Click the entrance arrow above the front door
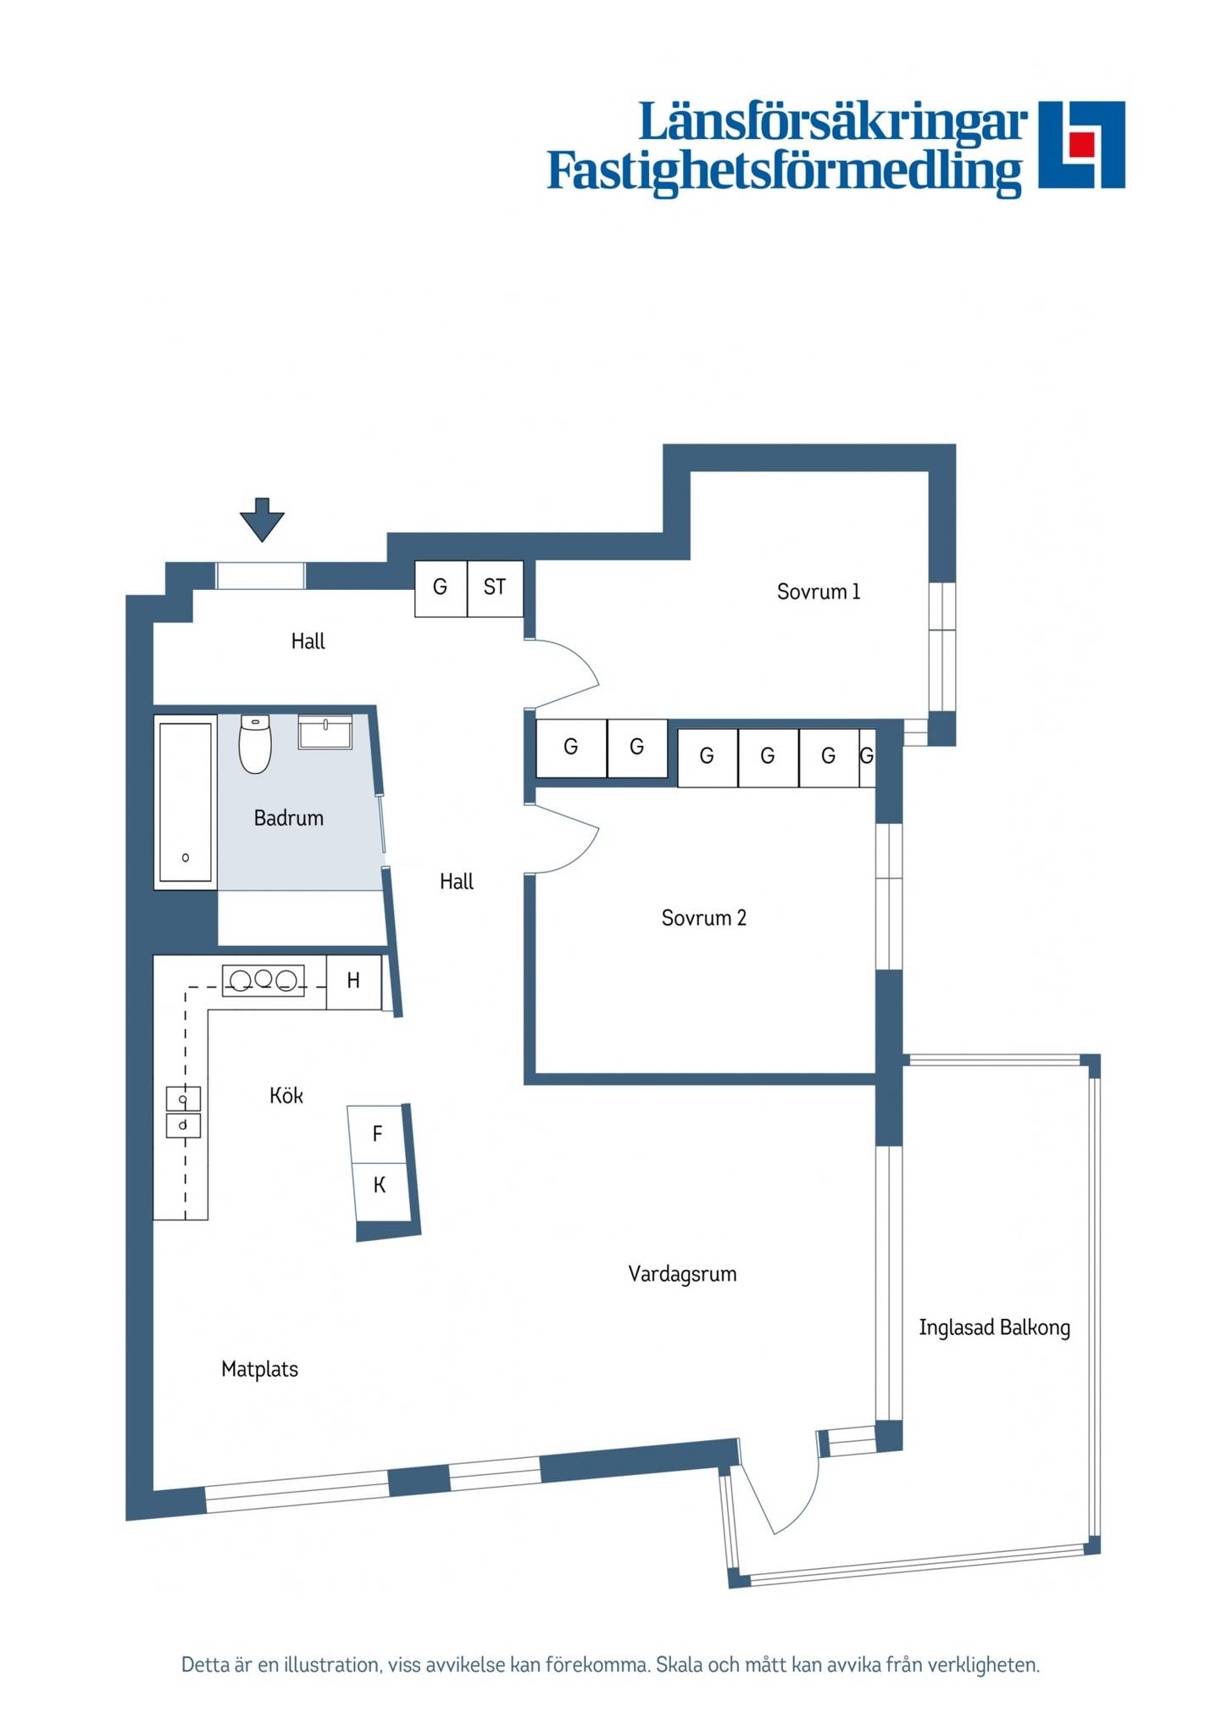click(x=262, y=519)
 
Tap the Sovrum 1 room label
click(x=819, y=592)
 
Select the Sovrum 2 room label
click(x=704, y=918)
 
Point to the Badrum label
click(x=289, y=818)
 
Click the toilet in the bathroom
click(x=255, y=743)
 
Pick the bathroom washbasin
click(x=325, y=732)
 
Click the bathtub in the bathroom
click(x=186, y=802)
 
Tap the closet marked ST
click(x=495, y=588)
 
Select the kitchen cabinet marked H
click(x=354, y=982)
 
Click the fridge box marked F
click(x=378, y=1134)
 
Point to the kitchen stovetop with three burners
click(x=264, y=981)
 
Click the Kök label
click(x=286, y=1095)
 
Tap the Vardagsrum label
click(x=682, y=1273)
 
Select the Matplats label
click(x=260, y=1369)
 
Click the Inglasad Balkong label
click(x=995, y=1327)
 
